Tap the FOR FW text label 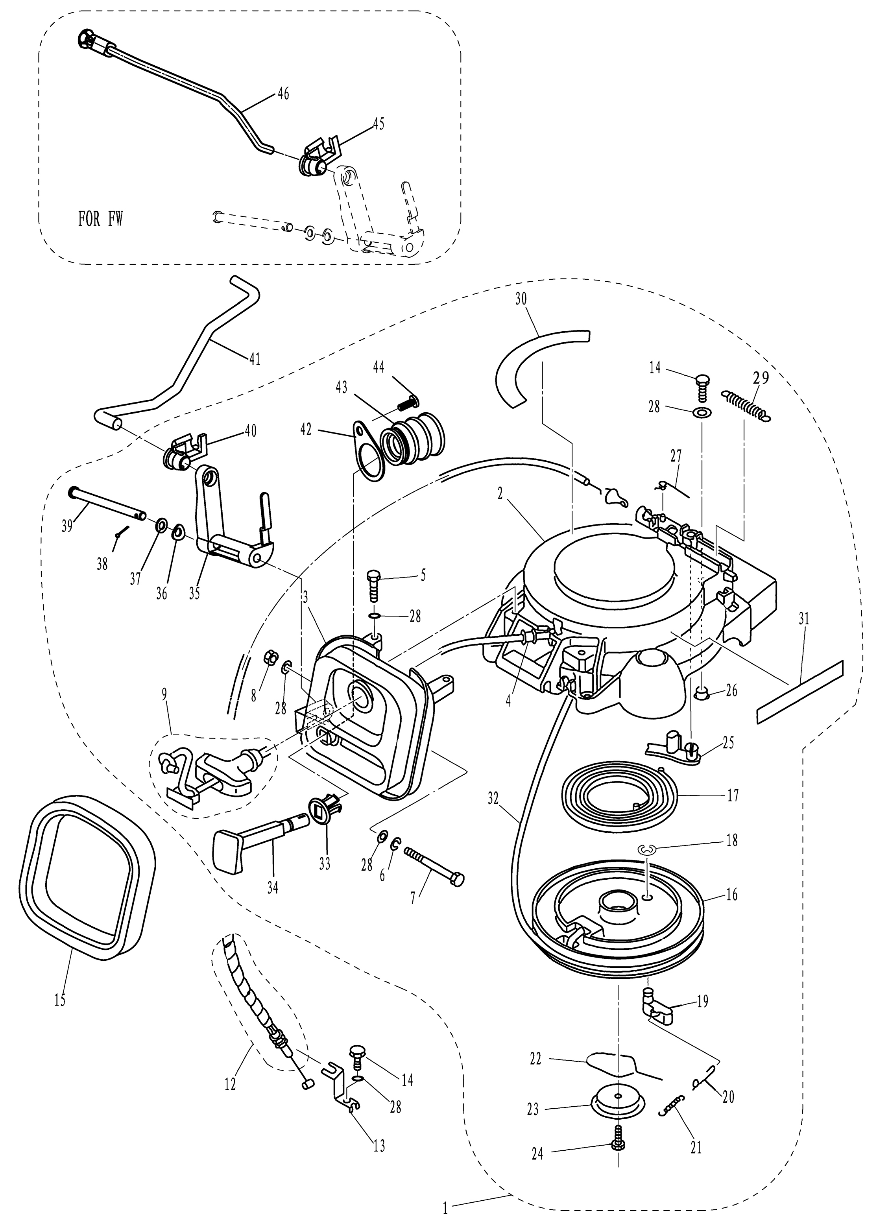101,219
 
